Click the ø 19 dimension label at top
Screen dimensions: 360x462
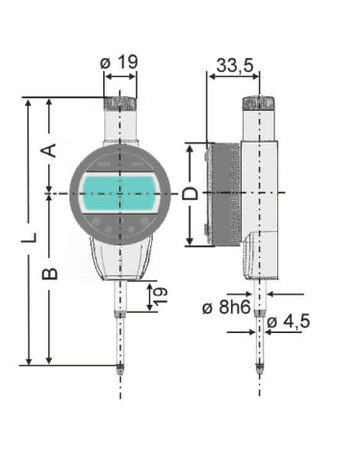coord(119,63)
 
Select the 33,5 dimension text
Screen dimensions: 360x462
coord(235,65)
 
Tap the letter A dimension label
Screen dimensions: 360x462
coord(49,150)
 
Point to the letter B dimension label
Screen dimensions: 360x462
coord(50,273)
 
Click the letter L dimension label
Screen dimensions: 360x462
coord(29,237)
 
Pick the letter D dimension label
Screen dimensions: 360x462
coord(190,193)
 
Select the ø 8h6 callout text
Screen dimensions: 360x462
coord(226,308)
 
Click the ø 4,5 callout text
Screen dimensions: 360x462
coord(289,321)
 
